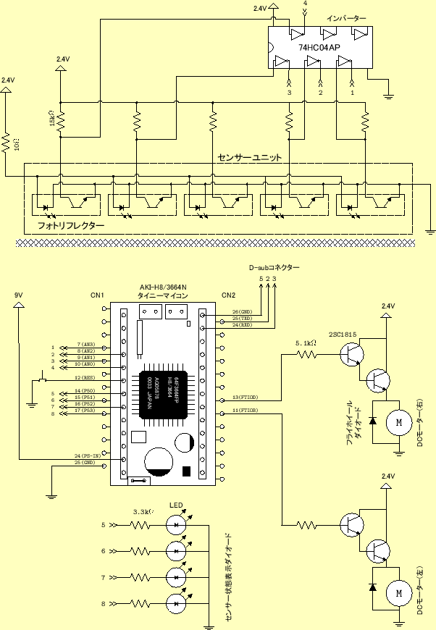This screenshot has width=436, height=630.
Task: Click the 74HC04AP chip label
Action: (x=318, y=47)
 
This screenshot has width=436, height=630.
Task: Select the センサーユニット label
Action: (x=249, y=156)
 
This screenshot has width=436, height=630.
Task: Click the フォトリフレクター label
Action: (x=70, y=226)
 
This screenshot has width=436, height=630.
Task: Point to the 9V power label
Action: (x=18, y=295)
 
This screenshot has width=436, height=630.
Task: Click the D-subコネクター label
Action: (x=273, y=267)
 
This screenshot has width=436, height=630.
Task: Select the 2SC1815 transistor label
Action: (x=343, y=335)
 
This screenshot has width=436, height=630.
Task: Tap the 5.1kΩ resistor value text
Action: (x=307, y=343)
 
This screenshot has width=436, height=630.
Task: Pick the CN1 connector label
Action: (x=98, y=295)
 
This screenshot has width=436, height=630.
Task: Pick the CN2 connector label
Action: (x=228, y=295)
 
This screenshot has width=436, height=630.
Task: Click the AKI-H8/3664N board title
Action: (x=163, y=287)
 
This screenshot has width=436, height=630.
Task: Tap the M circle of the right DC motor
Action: (x=396, y=421)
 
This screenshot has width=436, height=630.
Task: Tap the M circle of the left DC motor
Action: (x=398, y=592)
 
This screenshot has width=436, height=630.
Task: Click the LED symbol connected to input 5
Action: (x=177, y=524)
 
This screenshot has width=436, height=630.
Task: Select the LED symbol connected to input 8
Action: (x=177, y=602)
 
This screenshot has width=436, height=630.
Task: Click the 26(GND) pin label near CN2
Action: (x=242, y=312)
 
